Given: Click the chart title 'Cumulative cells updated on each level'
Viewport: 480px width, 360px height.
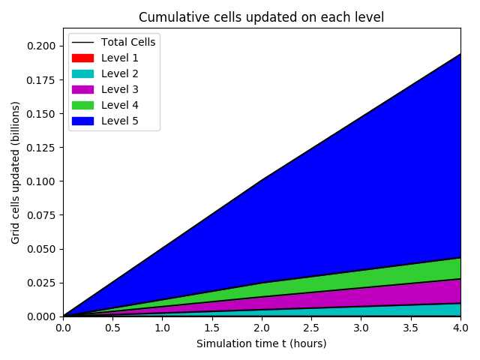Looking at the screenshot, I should [x=261, y=17].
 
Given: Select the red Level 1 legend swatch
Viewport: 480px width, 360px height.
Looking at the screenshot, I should [x=82, y=58].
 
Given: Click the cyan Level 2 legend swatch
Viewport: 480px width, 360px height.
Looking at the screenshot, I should [x=82, y=73].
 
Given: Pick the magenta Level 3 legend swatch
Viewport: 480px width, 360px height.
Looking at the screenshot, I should [x=82, y=89].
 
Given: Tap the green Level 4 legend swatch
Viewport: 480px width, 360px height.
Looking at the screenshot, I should [x=82, y=105].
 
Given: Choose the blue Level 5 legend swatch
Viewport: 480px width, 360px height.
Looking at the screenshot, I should [x=82, y=121].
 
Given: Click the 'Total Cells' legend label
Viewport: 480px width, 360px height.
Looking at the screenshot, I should [x=128, y=42].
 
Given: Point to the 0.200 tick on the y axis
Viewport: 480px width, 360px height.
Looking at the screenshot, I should [x=43, y=46].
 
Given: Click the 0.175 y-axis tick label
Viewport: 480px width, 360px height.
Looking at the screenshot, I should [x=43, y=80].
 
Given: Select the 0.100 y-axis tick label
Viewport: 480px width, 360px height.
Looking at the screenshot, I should [x=43, y=181].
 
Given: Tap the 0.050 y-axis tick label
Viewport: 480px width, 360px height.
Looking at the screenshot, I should [x=43, y=249].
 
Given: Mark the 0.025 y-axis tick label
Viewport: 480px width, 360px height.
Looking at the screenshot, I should [x=43, y=283].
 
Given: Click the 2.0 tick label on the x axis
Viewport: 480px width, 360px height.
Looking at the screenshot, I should [x=262, y=328].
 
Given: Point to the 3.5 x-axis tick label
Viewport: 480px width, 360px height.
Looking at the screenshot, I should [x=411, y=328].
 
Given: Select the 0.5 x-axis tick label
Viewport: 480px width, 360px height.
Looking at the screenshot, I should [x=112, y=328].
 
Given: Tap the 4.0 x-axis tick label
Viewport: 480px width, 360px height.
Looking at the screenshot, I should [x=460, y=328].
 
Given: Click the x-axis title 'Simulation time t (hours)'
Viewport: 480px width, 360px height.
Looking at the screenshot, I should [x=261, y=343].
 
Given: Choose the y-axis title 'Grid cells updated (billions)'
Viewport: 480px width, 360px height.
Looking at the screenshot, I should [x=15, y=172].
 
